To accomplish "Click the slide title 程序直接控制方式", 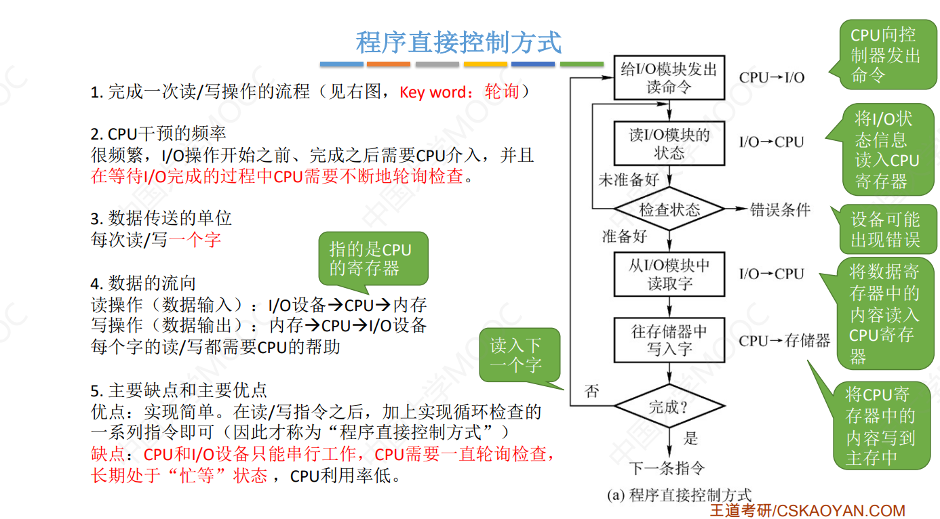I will (458, 42).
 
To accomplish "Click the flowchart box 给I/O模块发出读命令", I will (669, 77).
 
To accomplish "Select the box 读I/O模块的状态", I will (669, 144).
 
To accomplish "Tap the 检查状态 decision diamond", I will (669, 209).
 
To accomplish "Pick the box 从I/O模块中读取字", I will (669, 274).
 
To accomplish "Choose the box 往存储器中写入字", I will (669, 340).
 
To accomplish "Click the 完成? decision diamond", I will (669, 407).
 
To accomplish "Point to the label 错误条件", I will (780, 209).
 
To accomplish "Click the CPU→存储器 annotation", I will (785, 341).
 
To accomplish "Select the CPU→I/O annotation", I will (772, 77).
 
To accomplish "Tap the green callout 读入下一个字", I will (519, 355).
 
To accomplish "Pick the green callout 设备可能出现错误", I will (885, 229).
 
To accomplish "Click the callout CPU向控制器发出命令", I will (885, 55).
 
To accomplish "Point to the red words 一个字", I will (195, 239).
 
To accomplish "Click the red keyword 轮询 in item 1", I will (502, 91).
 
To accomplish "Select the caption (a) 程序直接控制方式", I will (679, 495).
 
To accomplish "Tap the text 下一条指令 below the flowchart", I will (667, 468).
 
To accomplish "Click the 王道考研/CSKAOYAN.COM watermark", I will (807, 510).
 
